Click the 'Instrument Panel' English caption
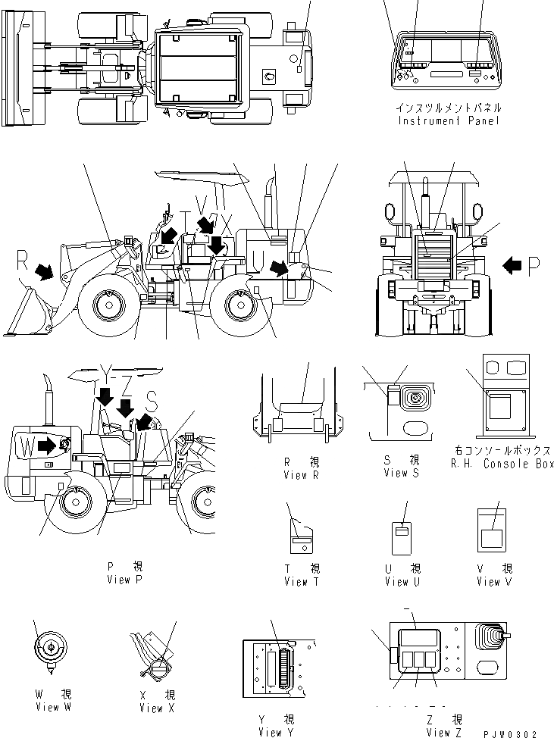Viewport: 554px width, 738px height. point(449,120)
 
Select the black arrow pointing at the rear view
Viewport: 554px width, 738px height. point(513,264)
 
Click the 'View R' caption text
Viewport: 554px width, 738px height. point(300,474)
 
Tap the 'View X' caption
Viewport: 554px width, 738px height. point(156,708)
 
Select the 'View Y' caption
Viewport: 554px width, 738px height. point(275,732)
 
